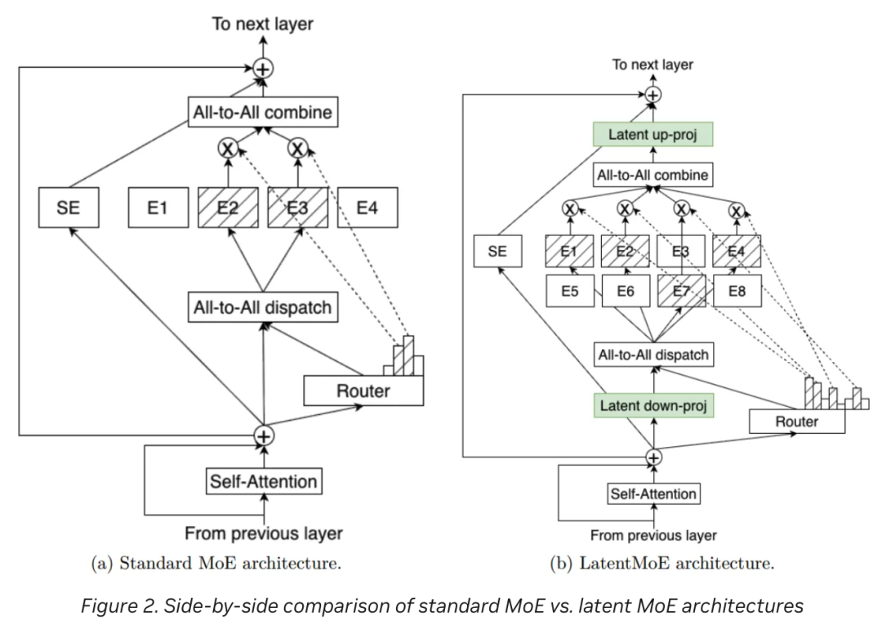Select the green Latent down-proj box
click(x=653, y=405)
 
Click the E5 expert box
click(x=571, y=291)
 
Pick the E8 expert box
click(x=737, y=291)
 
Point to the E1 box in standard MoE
click(x=158, y=208)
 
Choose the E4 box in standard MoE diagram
click(x=367, y=208)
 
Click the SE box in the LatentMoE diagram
click(x=497, y=251)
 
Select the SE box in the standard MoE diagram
click(x=69, y=208)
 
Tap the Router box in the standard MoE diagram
click(x=363, y=391)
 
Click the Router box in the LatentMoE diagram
click(x=796, y=422)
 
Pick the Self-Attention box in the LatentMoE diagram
click(x=653, y=493)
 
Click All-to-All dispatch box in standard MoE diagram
click(x=262, y=307)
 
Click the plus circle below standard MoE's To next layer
click(x=262, y=69)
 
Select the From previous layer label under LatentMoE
click(x=653, y=536)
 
